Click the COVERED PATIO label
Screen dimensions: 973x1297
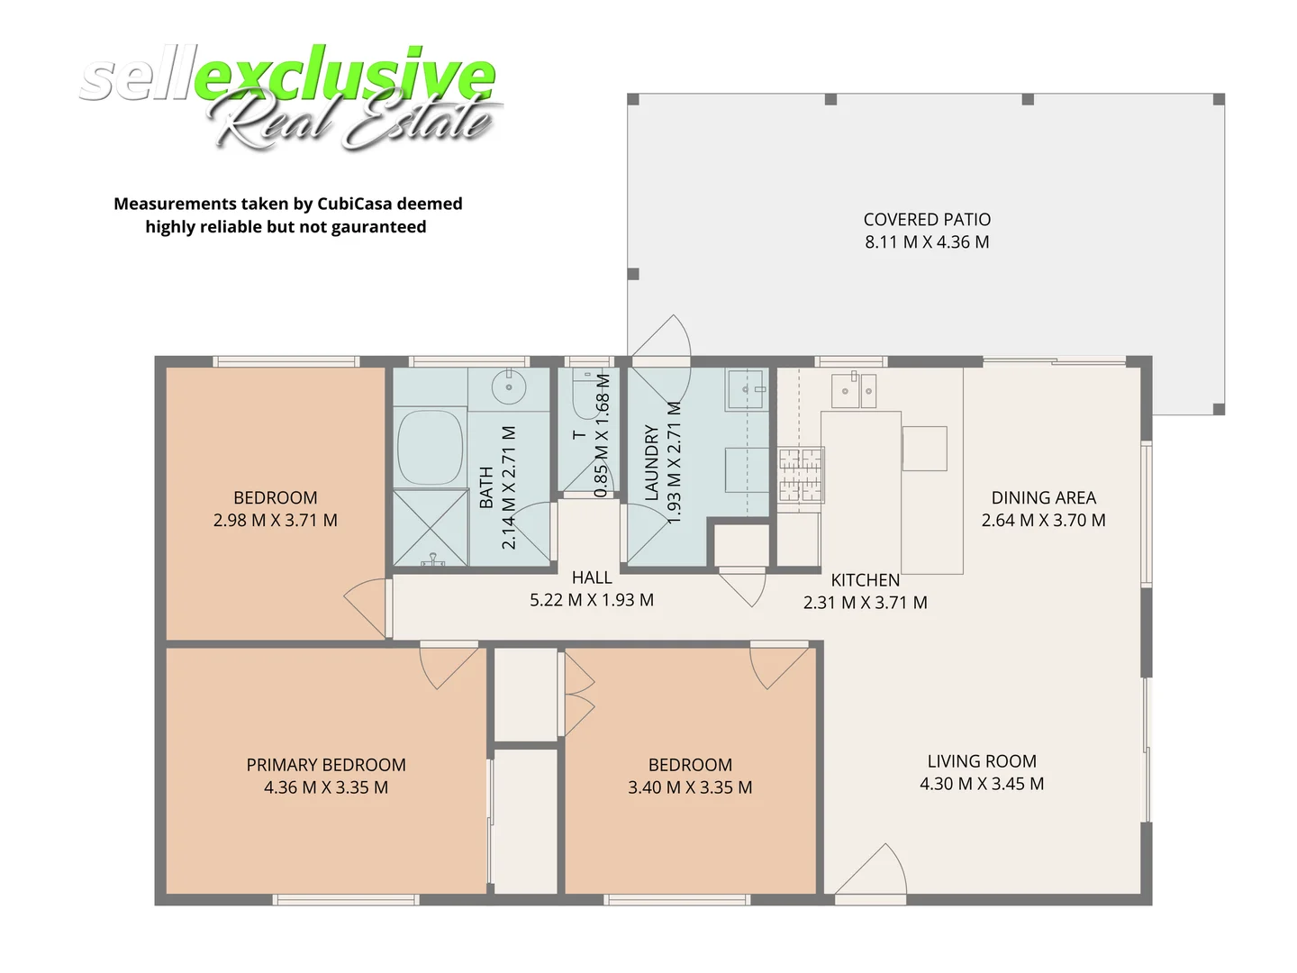point(927,220)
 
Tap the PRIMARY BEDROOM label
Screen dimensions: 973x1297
point(326,765)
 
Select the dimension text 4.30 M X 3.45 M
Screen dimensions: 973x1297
point(982,784)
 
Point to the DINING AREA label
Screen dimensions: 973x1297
point(1043,497)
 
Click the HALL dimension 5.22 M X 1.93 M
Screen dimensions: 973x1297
point(592,600)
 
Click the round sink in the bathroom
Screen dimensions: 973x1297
point(509,388)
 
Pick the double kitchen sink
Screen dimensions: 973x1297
point(853,388)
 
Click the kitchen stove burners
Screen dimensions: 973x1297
point(801,474)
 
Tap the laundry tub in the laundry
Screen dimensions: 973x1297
point(746,389)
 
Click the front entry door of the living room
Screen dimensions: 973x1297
point(870,872)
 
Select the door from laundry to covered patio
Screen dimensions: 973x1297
point(660,342)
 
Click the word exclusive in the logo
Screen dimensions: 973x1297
point(344,76)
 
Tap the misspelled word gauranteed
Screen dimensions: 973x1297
point(378,227)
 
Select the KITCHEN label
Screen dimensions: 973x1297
point(865,580)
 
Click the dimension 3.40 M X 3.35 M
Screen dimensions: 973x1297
point(690,787)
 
